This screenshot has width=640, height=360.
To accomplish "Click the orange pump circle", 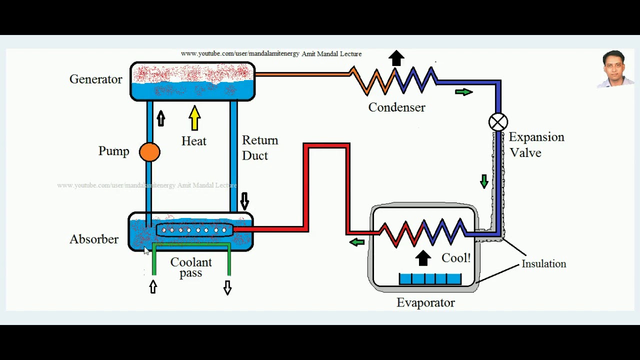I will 149,152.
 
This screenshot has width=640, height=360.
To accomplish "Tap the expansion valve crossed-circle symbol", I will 498,122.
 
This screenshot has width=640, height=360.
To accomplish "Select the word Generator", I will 95,79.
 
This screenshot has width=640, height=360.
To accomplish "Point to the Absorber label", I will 94,239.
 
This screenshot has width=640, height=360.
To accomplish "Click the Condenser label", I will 396,107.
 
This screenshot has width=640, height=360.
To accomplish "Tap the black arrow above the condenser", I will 396,58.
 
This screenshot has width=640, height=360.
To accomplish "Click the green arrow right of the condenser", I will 464,92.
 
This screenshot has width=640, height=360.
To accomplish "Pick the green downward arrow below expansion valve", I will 484,181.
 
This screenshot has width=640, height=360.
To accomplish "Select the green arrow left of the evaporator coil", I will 357,242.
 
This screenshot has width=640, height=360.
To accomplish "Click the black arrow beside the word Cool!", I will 423,258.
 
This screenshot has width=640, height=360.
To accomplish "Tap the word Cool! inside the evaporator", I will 456,258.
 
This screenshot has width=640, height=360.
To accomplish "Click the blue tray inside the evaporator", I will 430,278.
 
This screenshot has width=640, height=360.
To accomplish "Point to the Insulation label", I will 543,263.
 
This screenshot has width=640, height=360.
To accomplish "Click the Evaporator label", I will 425,302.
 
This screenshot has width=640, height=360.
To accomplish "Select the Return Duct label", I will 259,147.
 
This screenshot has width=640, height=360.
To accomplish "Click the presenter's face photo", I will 615,68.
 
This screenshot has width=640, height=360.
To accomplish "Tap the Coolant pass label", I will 191,267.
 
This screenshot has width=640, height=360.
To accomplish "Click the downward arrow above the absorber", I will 244,201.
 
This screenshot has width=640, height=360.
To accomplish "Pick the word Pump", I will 113,151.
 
